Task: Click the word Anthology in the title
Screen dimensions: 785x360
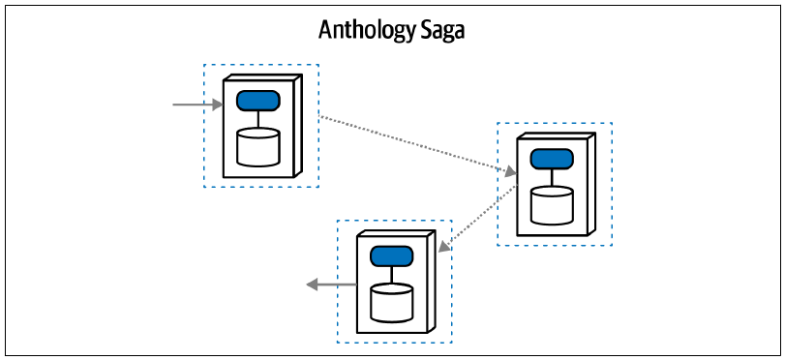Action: [365, 31]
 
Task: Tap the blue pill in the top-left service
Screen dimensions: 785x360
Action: [258, 101]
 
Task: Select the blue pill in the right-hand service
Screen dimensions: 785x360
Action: [552, 159]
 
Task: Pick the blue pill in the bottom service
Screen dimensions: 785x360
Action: [391, 255]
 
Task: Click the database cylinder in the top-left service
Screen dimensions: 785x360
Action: [258, 147]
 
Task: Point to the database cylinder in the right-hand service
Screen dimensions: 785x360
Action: [552, 205]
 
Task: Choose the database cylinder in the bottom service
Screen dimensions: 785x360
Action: [391, 303]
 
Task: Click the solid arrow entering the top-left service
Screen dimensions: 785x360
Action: [197, 105]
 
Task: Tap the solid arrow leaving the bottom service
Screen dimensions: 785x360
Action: [331, 285]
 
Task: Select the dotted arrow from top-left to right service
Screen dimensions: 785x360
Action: [418, 145]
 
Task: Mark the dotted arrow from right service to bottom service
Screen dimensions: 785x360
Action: [477, 219]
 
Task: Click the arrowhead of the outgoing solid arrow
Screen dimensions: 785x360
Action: [312, 285]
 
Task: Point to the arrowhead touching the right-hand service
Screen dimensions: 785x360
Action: [511, 172]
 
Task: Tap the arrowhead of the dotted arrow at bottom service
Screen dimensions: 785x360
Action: [442, 246]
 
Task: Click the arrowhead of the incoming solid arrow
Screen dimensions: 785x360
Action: [217, 105]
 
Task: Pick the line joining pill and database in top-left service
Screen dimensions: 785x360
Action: [258, 119]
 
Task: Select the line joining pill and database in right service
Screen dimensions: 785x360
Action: [552, 178]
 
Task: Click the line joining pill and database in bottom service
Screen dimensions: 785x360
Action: [391, 275]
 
